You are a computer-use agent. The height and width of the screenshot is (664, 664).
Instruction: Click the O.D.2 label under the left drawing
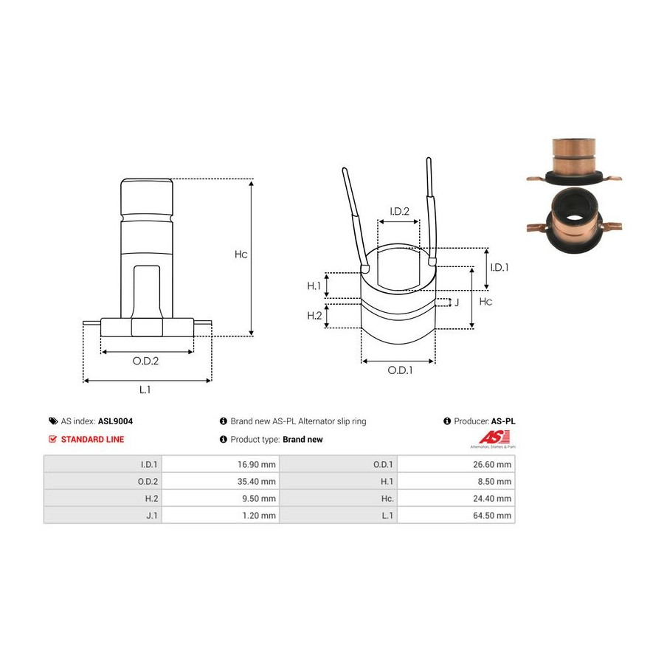point(145,361)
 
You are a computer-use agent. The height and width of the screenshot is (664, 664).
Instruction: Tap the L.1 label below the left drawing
point(145,389)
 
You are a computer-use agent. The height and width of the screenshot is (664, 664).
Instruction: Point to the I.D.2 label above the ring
point(399,211)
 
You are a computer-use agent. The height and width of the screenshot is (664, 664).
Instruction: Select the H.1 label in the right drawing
point(314,286)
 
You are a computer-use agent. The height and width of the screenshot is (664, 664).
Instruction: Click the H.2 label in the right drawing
point(314,316)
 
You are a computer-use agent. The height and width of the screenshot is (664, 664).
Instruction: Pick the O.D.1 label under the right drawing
point(400,370)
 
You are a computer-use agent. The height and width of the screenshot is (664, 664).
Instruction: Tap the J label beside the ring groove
point(457,302)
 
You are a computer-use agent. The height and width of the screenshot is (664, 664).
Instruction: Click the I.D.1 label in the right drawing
point(499,267)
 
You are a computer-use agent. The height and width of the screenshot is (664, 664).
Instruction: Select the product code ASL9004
point(115,421)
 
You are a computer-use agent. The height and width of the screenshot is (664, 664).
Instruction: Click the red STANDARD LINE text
point(92,439)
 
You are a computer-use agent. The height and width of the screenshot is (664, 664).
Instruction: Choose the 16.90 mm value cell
point(220,464)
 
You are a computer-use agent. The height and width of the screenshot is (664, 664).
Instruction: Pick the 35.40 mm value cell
point(220,481)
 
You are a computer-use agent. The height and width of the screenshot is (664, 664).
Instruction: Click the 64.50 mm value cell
point(456,516)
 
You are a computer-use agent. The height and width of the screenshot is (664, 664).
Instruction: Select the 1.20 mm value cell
point(220,516)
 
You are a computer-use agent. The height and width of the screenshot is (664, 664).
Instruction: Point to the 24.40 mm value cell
point(456,499)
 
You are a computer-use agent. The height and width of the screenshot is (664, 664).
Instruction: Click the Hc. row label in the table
point(387,499)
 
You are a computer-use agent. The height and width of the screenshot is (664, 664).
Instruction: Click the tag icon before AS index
point(53,421)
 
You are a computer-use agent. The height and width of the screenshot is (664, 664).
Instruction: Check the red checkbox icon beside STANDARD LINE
point(52,439)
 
